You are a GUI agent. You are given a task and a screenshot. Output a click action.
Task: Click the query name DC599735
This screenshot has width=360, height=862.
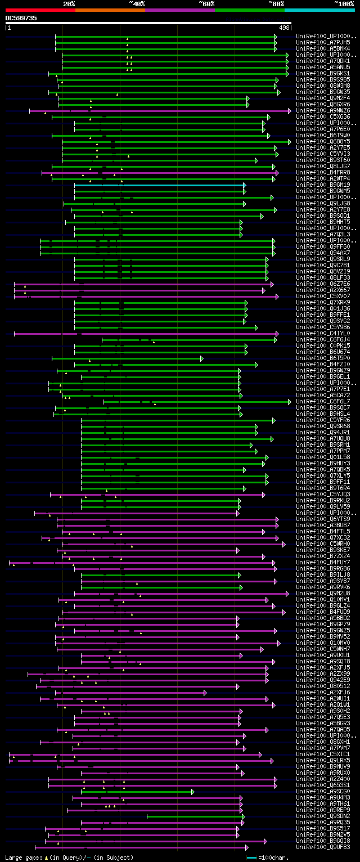point(21,18)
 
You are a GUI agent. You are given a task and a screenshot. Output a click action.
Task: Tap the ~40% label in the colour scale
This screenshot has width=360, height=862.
point(137,3)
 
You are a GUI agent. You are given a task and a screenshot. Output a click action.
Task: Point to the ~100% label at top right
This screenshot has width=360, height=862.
point(344,3)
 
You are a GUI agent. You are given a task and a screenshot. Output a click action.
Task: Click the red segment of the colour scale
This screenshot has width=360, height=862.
point(40,10)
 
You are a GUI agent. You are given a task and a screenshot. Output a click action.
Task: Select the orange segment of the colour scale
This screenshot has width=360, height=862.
point(110,10)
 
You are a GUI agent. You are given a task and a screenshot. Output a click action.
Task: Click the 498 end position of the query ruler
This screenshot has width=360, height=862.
point(284,27)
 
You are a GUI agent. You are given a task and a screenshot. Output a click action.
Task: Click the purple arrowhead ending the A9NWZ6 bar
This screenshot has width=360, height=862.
point(289,111)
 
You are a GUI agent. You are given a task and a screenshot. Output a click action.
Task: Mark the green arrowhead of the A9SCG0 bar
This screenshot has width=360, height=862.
point(192,791)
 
